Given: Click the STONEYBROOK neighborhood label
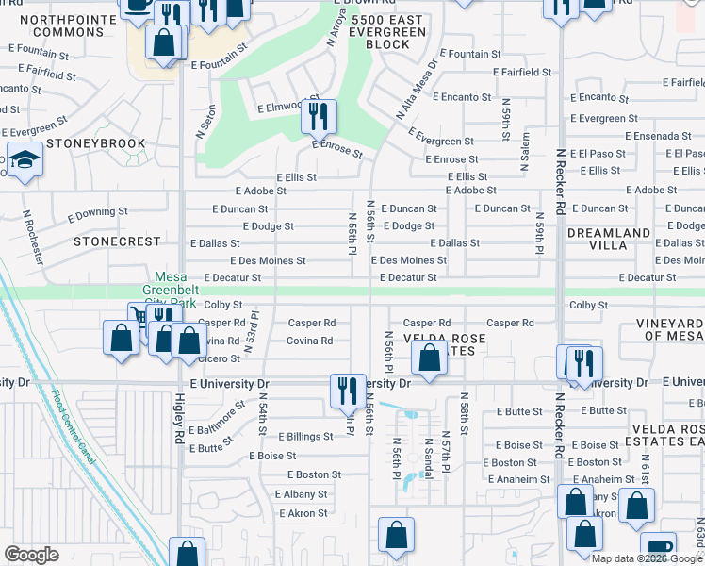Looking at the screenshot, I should click(x=94, y=143).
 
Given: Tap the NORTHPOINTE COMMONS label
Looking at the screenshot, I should click(x=61, y=25).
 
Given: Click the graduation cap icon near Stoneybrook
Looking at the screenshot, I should click(x=23, y=161).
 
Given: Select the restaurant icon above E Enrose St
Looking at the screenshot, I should click(x=319, y=117).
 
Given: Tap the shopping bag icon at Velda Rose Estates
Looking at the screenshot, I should click(x=429, y=359).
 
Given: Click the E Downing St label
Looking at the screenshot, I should click(x=96, y=212).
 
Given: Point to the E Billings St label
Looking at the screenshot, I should click(x=302, y=437).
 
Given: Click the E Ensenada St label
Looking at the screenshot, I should click(x=670, y=136).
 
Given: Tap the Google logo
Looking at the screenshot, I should click(x=31, y=554).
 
